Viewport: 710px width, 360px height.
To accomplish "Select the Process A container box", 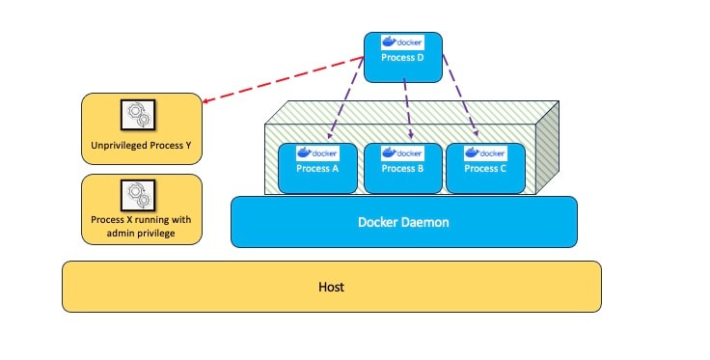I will click(317, 167).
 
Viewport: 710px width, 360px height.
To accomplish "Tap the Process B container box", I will click(402, 167).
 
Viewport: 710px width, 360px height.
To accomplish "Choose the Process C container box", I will click(484, 167).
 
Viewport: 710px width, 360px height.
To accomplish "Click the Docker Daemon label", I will click(403, 222).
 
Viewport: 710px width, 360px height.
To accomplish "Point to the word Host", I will click(331, 287).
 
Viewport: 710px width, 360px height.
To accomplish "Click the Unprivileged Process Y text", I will click(142, 148).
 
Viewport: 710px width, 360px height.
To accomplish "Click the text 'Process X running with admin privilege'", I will click(141, 226).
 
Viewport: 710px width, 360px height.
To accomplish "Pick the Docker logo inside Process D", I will click(402, 42).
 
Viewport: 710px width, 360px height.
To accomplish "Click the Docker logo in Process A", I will click(317, 152).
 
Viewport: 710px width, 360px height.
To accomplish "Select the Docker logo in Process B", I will click(402, 152).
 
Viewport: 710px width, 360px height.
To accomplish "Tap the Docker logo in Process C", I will click(484, 152).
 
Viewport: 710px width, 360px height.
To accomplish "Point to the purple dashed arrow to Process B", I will click(407, 101).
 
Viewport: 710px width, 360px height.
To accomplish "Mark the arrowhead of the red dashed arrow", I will click(209, 98).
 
